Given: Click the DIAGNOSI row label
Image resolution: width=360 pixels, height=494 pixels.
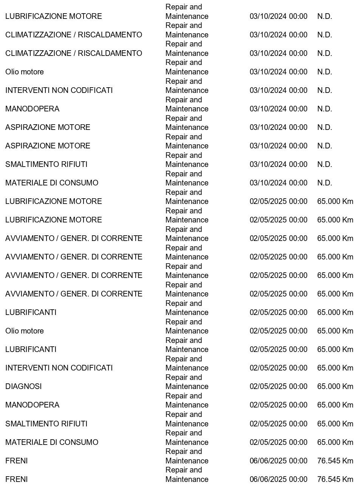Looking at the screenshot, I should [23, 386].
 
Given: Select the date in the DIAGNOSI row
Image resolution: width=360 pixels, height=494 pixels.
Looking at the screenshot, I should [278, 386].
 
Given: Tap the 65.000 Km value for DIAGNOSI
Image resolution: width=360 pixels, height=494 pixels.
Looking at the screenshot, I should [335, 386].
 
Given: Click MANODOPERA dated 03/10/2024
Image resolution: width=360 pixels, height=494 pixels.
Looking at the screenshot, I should [32, 109].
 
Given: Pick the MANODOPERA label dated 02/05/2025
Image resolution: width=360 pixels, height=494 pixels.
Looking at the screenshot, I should [32, 405].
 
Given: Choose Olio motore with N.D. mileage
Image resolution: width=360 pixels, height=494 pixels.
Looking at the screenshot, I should [25, 72].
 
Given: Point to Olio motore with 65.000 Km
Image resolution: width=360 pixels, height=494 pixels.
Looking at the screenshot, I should [25, 331].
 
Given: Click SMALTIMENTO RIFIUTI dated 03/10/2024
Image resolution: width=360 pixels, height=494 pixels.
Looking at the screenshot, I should [46, 164].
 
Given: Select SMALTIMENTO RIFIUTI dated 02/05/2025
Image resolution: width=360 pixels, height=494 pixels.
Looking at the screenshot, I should [46, 424].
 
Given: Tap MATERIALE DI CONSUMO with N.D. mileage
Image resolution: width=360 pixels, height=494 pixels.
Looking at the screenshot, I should [52, 183].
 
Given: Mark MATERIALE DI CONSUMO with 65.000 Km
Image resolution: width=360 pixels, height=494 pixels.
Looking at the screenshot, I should [52, 442].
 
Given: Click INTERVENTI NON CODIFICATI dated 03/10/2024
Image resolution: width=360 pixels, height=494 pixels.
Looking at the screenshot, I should [59, 90].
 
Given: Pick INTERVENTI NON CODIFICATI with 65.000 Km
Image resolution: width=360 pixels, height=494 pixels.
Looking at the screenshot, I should [59, 368].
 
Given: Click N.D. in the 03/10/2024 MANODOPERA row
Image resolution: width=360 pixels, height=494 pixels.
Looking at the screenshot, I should [324, 109].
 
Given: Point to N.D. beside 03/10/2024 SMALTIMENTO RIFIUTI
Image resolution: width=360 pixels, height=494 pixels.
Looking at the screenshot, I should [324, 164].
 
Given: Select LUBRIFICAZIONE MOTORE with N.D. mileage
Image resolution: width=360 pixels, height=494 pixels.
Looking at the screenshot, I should [54, 16].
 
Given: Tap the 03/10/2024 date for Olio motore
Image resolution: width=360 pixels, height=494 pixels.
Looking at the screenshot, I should [278, 72].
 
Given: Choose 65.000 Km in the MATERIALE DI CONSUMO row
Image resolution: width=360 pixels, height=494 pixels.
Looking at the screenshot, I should [335, 442].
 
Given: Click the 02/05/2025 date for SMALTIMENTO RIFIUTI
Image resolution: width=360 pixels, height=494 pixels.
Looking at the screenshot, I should [278, 424].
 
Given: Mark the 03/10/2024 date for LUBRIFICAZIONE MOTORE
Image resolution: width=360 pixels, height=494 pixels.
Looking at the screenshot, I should [278, 16].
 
